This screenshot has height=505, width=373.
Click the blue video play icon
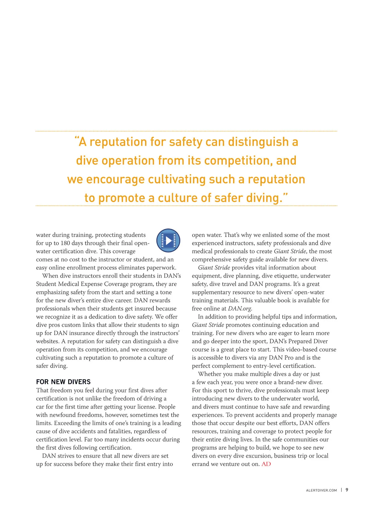(168, 241)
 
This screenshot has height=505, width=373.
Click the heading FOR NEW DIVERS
(63, 382)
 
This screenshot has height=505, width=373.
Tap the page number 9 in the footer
(347, 490)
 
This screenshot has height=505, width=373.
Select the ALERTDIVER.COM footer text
(321, 490)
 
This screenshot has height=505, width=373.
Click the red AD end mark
(266, 464)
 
